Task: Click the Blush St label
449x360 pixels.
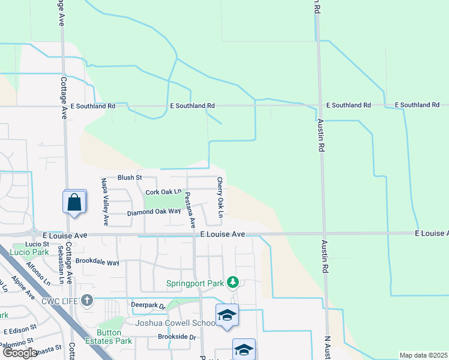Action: coord(129,178)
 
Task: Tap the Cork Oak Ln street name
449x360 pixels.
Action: coord(163,192)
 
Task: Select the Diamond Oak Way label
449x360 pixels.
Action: coord(154,212)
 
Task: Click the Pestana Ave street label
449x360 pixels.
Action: coord(190,209)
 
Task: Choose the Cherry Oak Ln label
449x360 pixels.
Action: coord(220,197)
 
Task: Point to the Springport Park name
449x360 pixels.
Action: coord(195,283)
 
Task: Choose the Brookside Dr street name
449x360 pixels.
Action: coord(176,337)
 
